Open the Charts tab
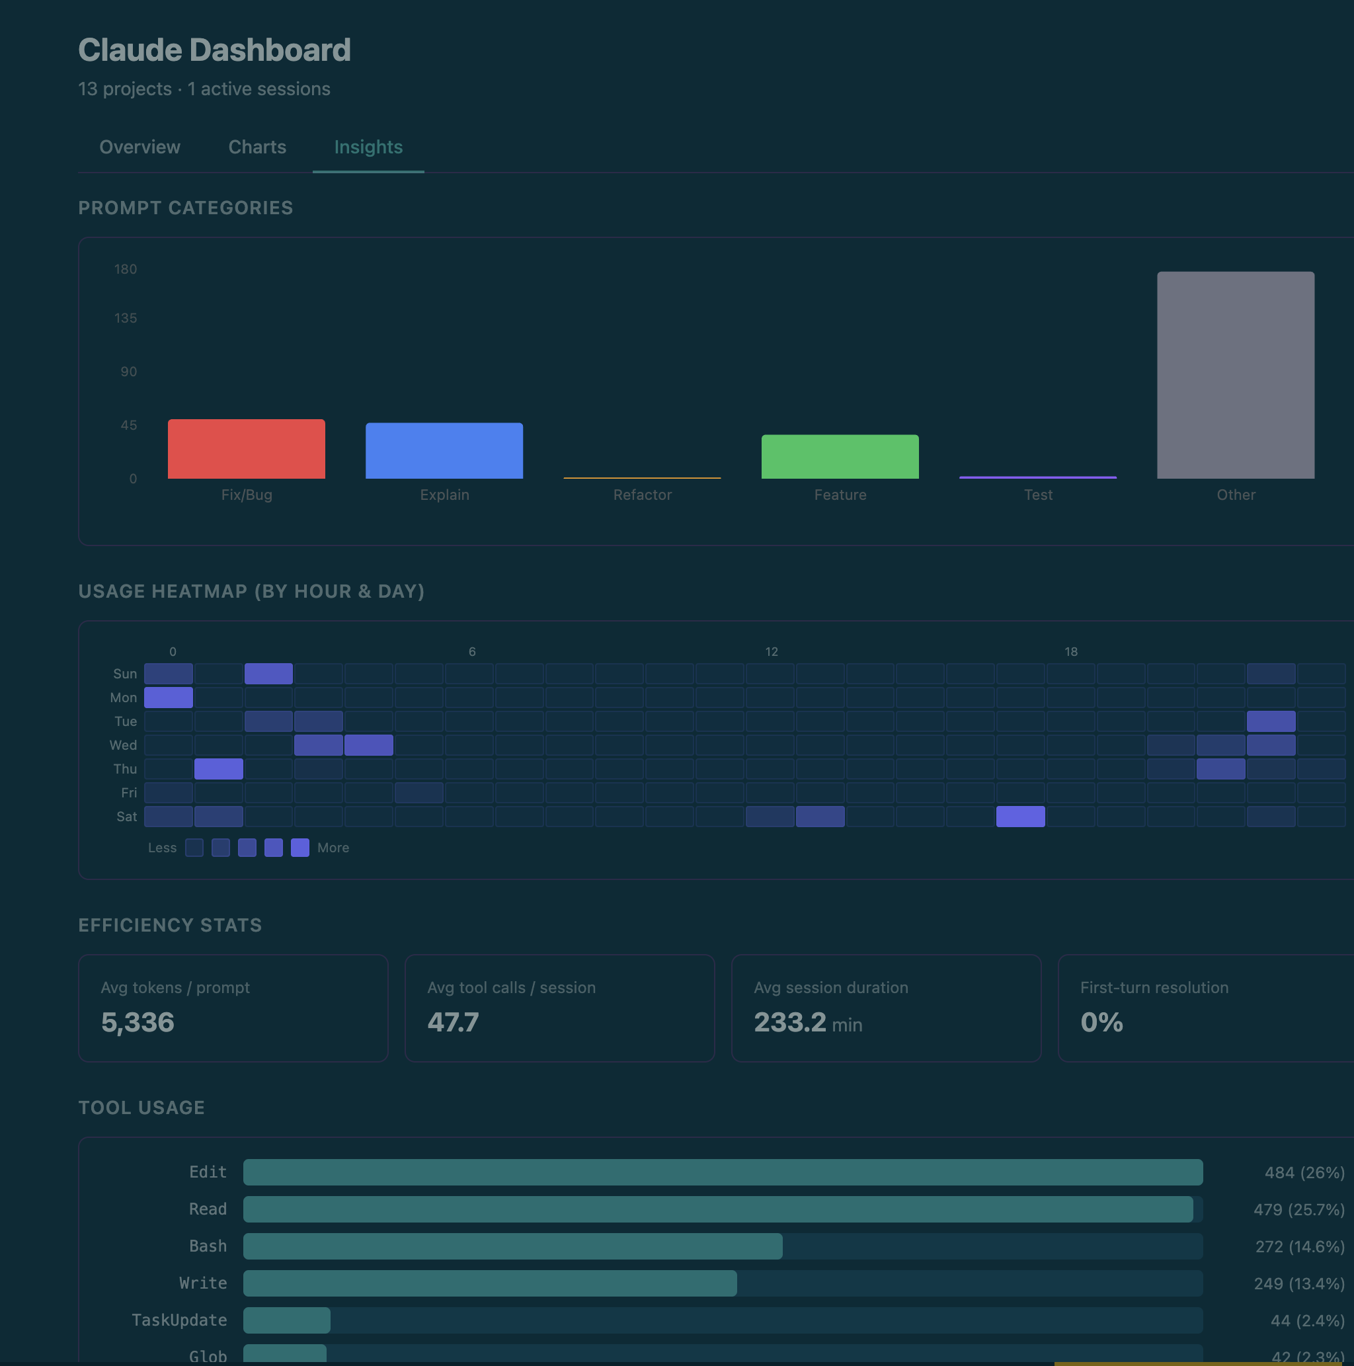(x=257, y=147)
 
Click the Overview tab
(x=140, y=147)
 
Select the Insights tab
(x=368, y=147)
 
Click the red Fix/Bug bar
(x=246, y=449)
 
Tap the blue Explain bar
(x=444, y=451)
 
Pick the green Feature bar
(x=840, y=457)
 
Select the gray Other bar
(x=1235, y=375)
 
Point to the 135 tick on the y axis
(x=126, y=318)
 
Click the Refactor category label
(x=642, y=495)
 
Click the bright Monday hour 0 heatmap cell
(x=169, y=698)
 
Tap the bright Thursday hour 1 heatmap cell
(x=218, y=768)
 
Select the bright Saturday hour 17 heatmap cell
(x=1019, y=817)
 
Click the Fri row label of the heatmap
(x=129, y=793)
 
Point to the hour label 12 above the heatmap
(x=771, y=652)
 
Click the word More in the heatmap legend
(x=333, y=848)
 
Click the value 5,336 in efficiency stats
(x=138, y=1022)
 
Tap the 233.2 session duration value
(x=790, y=1022)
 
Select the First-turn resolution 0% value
(x=1101, y=1022)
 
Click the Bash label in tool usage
(x=208, y=1246)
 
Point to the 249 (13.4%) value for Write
(x=1298, y=1284)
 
